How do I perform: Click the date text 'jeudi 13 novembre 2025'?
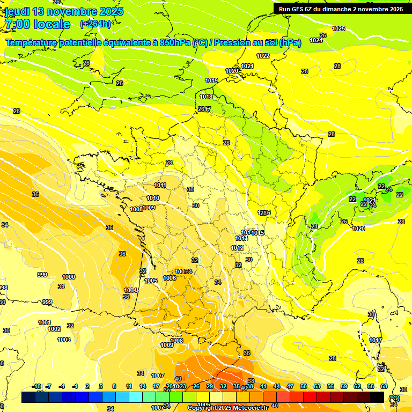[x=64, y=11]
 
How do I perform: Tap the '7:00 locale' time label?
[x=38, y=24]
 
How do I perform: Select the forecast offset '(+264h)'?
[x=95, y=24]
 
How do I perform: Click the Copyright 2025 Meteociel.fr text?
[x=227, y=408]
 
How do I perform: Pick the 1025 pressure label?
[x=339, y=28]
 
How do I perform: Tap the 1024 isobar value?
[x=317, y=40]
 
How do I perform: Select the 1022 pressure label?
[x=263, y=56]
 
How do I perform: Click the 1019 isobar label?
[x=211, y=81]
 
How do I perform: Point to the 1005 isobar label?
[x=151, y=281]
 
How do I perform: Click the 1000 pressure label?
[x=69, y=277]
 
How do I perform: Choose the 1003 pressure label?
[x=64, y=340]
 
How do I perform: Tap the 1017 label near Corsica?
[x=376, y=341]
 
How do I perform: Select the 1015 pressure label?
[x=258, y=233]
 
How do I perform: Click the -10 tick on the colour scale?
[x=37, y=386]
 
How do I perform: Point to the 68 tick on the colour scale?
[x=384, y=386]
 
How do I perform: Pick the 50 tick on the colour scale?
[x=304, y=386]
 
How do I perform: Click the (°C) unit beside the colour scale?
[x=394, y=398]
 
